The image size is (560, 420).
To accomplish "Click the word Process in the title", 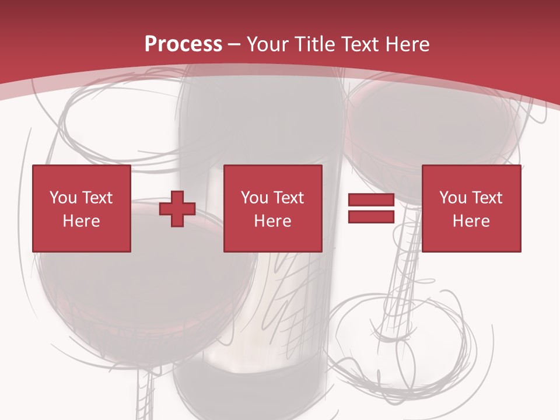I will coord(183,44).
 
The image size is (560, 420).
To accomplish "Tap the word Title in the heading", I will coord(313,44).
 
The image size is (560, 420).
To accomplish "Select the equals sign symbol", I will coord(371,209).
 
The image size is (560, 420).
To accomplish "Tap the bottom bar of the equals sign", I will coord(371,217).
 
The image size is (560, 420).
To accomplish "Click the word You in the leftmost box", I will coord(62,198).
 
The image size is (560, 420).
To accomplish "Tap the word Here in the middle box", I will coord(273,221).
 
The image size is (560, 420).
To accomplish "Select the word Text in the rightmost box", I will coord(487,198).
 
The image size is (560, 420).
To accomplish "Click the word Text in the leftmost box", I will coord(97,198).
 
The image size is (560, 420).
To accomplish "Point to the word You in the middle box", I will coord(254,198).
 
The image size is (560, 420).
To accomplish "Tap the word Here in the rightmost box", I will coord(471,221).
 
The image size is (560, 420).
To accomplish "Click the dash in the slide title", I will coord(235,44).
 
